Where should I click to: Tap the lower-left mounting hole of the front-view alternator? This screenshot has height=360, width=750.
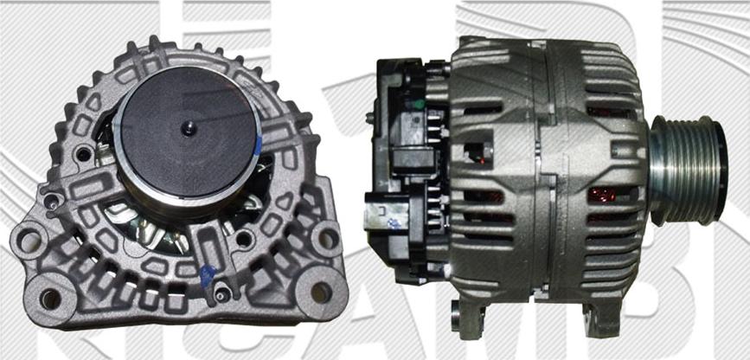point(50,299)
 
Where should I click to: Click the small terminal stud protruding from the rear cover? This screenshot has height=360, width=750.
point(371,116)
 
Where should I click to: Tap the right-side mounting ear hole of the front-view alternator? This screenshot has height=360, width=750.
point(327,238)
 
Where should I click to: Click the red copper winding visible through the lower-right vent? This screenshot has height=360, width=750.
point(602,195)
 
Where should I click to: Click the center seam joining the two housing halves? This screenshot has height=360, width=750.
point(540,173)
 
